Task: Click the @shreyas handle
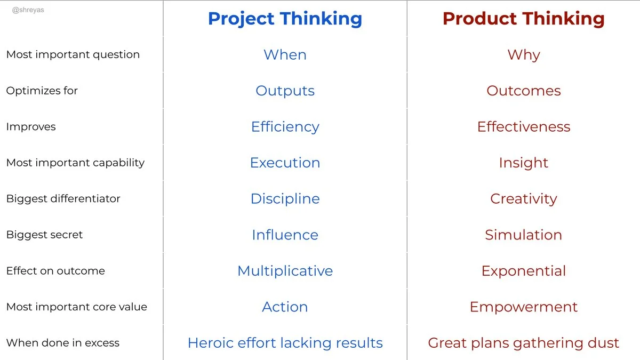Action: (28, 10)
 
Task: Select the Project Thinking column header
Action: (285, 19)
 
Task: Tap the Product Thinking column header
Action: (523, 19)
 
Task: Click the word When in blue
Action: (285, 55)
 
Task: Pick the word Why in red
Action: (523, 55)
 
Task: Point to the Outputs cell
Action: (285, 91)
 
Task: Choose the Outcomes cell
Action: (523, 91)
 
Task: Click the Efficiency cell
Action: (285, 127)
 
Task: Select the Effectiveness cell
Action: (523, 127)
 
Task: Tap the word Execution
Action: (285, 163)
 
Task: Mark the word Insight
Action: (523, 163)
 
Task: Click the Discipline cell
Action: (285, 199)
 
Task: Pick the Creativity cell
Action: (523, 199)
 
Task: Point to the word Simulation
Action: (523, 235)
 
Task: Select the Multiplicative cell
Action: (285, 271)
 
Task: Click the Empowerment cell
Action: (523, 307)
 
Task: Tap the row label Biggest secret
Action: (44, 235)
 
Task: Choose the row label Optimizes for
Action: (42, 91)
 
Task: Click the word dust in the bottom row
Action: (604, 343)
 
